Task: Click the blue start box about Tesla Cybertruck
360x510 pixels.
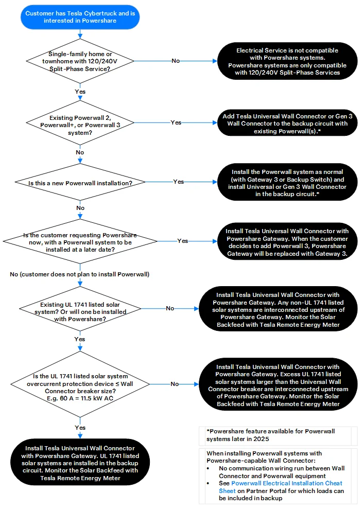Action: pos(80,17)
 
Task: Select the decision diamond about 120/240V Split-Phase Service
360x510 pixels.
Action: pos(80,61)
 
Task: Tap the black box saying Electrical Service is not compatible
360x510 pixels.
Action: pos(287,61)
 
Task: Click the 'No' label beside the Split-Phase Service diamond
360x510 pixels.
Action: pos(176,61)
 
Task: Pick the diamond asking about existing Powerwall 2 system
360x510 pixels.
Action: pos(80,123)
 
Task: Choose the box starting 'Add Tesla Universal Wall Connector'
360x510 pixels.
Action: pos(287,123)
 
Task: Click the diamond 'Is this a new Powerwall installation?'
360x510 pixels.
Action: pos(80,182)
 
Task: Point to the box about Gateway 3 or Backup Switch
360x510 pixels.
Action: pos(287,182)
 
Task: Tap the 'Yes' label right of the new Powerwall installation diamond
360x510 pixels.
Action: pos(178,182)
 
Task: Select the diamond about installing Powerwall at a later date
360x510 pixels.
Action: pos(80,241)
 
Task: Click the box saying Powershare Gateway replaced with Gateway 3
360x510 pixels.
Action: pos(287,241)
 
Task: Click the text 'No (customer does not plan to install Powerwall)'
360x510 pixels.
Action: pos(80,274)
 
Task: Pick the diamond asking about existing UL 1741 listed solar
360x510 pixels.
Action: pos(80,309)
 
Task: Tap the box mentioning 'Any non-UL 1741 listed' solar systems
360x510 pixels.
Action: pos(278,309)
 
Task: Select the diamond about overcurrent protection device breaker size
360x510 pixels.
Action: pos(80,384)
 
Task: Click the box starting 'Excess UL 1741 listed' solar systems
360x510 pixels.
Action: pos(278,384)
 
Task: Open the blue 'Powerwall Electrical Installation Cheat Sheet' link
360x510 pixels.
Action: pos(281,487)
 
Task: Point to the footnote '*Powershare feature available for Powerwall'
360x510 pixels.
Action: pos(271,431)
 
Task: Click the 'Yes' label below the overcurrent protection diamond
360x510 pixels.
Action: pos(80,428)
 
